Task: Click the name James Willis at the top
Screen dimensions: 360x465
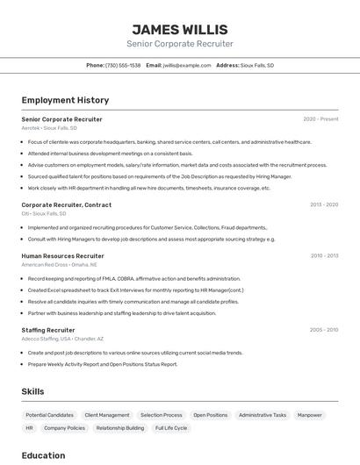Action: pyautogui.click(x=179, y=30)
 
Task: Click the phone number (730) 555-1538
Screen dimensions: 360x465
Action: pyautogui.click(x=122, y=65)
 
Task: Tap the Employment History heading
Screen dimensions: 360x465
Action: pyautogui.click(x=65, y=100)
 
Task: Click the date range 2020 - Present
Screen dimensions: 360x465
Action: pyautogui.click(x=320, y=118)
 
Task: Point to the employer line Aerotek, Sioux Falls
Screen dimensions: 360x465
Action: pyautogui.click(x=49, y=128)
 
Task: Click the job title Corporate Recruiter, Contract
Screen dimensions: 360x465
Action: pyautogui.click(x=67, y=204)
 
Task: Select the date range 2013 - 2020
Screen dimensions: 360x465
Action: pyautogui.click(x=323, y=204)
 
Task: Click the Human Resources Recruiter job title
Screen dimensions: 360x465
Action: pyautogui.click(x=62, y=255)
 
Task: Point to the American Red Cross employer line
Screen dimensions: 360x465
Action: pyautogui.click(x=59, y=264)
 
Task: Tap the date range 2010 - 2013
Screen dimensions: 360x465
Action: pyautogui.click(x=324, y=255)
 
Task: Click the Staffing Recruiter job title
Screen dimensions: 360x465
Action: pyautogui.click(x=48, y=330)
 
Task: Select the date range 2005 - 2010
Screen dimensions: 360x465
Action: pyautogui.click(x=324, y=330)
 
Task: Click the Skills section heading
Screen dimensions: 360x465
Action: pyautogui.click(x=32, y=391)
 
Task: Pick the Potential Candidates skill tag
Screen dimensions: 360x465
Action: pyautogui.click(x=50, y=415)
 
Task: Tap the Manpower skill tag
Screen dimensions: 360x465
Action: pyautogui.click(x=309, y=415)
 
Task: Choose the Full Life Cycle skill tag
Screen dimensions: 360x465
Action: pyautogui.click(x=171, y=428)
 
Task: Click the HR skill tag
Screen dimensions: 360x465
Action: pyautogui.click(x=29, y=428)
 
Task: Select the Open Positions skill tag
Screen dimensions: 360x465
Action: pyautogui.click(x=211, y=415)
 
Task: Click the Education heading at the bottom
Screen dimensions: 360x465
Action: pyautogui.click(x=43, y=455)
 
